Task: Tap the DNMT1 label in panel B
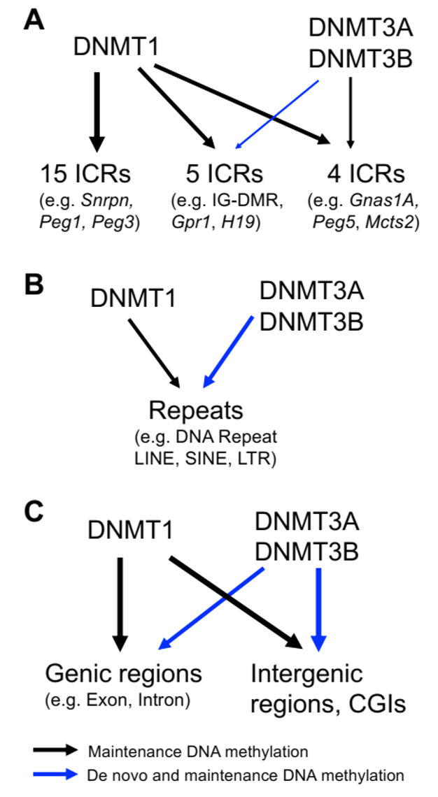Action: pyautogui.click(x=133, y=299)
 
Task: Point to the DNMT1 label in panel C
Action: pyautogui.click(x=131, y=531)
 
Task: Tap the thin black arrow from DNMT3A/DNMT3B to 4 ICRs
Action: pyautogui.click(x=351, y=112)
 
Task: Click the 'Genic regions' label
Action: pyautogui.click(x=123, y=674)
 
